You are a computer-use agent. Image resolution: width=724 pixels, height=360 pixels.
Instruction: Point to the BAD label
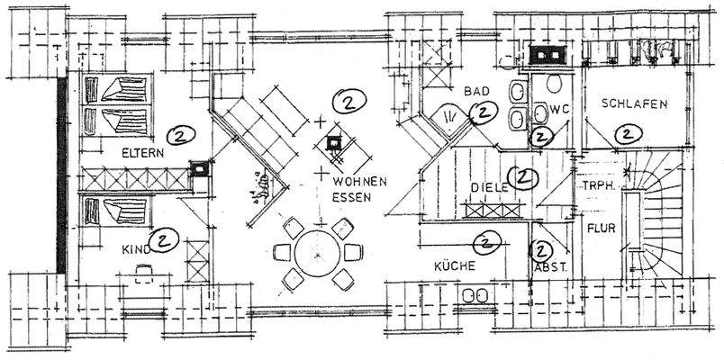click(476, 92)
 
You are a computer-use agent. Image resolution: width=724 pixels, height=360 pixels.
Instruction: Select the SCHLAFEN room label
click(636, 104)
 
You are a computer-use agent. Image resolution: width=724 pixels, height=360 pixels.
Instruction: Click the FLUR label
click(601, 229)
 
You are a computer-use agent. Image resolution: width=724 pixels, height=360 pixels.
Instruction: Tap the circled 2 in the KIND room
click(165, 239)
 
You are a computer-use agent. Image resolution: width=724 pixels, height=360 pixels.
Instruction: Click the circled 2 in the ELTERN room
click(181, 136)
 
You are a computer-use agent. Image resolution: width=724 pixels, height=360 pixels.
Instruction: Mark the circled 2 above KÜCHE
click(486, 241)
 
